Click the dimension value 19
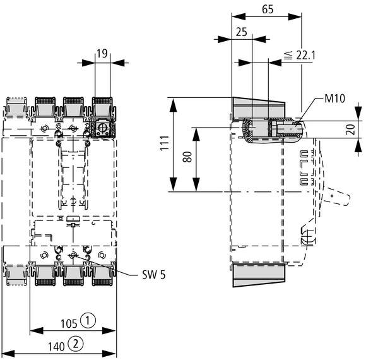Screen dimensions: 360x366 pos(102,54)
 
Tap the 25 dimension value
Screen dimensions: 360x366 pos(241,31)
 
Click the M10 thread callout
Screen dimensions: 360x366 pos(335,99)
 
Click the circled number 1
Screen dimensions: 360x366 pos(90,321)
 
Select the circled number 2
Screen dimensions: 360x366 pos(76,344)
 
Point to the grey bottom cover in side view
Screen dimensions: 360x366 pos(259,275)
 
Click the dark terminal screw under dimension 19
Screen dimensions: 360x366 pos(102,129)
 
